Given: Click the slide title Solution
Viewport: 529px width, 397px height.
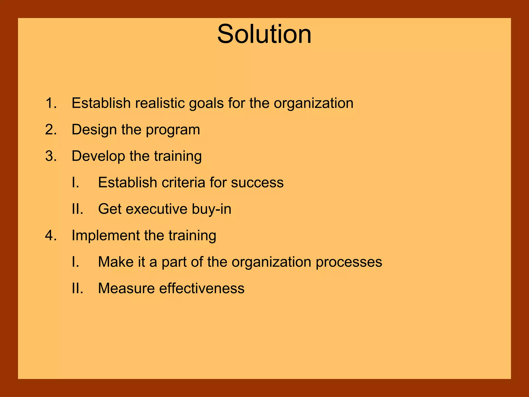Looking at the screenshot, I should coord(264,34).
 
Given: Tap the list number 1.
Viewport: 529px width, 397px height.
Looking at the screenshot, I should coord(51,103).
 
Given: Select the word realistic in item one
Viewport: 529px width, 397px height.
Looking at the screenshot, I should coord(161,103).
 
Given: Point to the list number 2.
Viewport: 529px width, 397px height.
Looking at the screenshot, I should coord(51,129).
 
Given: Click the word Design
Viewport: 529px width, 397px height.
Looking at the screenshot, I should coord(94,130).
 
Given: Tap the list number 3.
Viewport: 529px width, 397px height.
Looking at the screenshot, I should coord(51,156).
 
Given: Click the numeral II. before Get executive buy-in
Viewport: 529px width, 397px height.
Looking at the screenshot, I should coord(77,209).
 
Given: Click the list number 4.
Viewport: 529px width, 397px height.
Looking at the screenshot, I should coord(51,235).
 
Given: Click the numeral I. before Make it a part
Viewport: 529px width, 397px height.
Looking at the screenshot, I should coord(75,262).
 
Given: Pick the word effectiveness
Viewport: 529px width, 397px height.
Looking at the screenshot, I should coord(201,288).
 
